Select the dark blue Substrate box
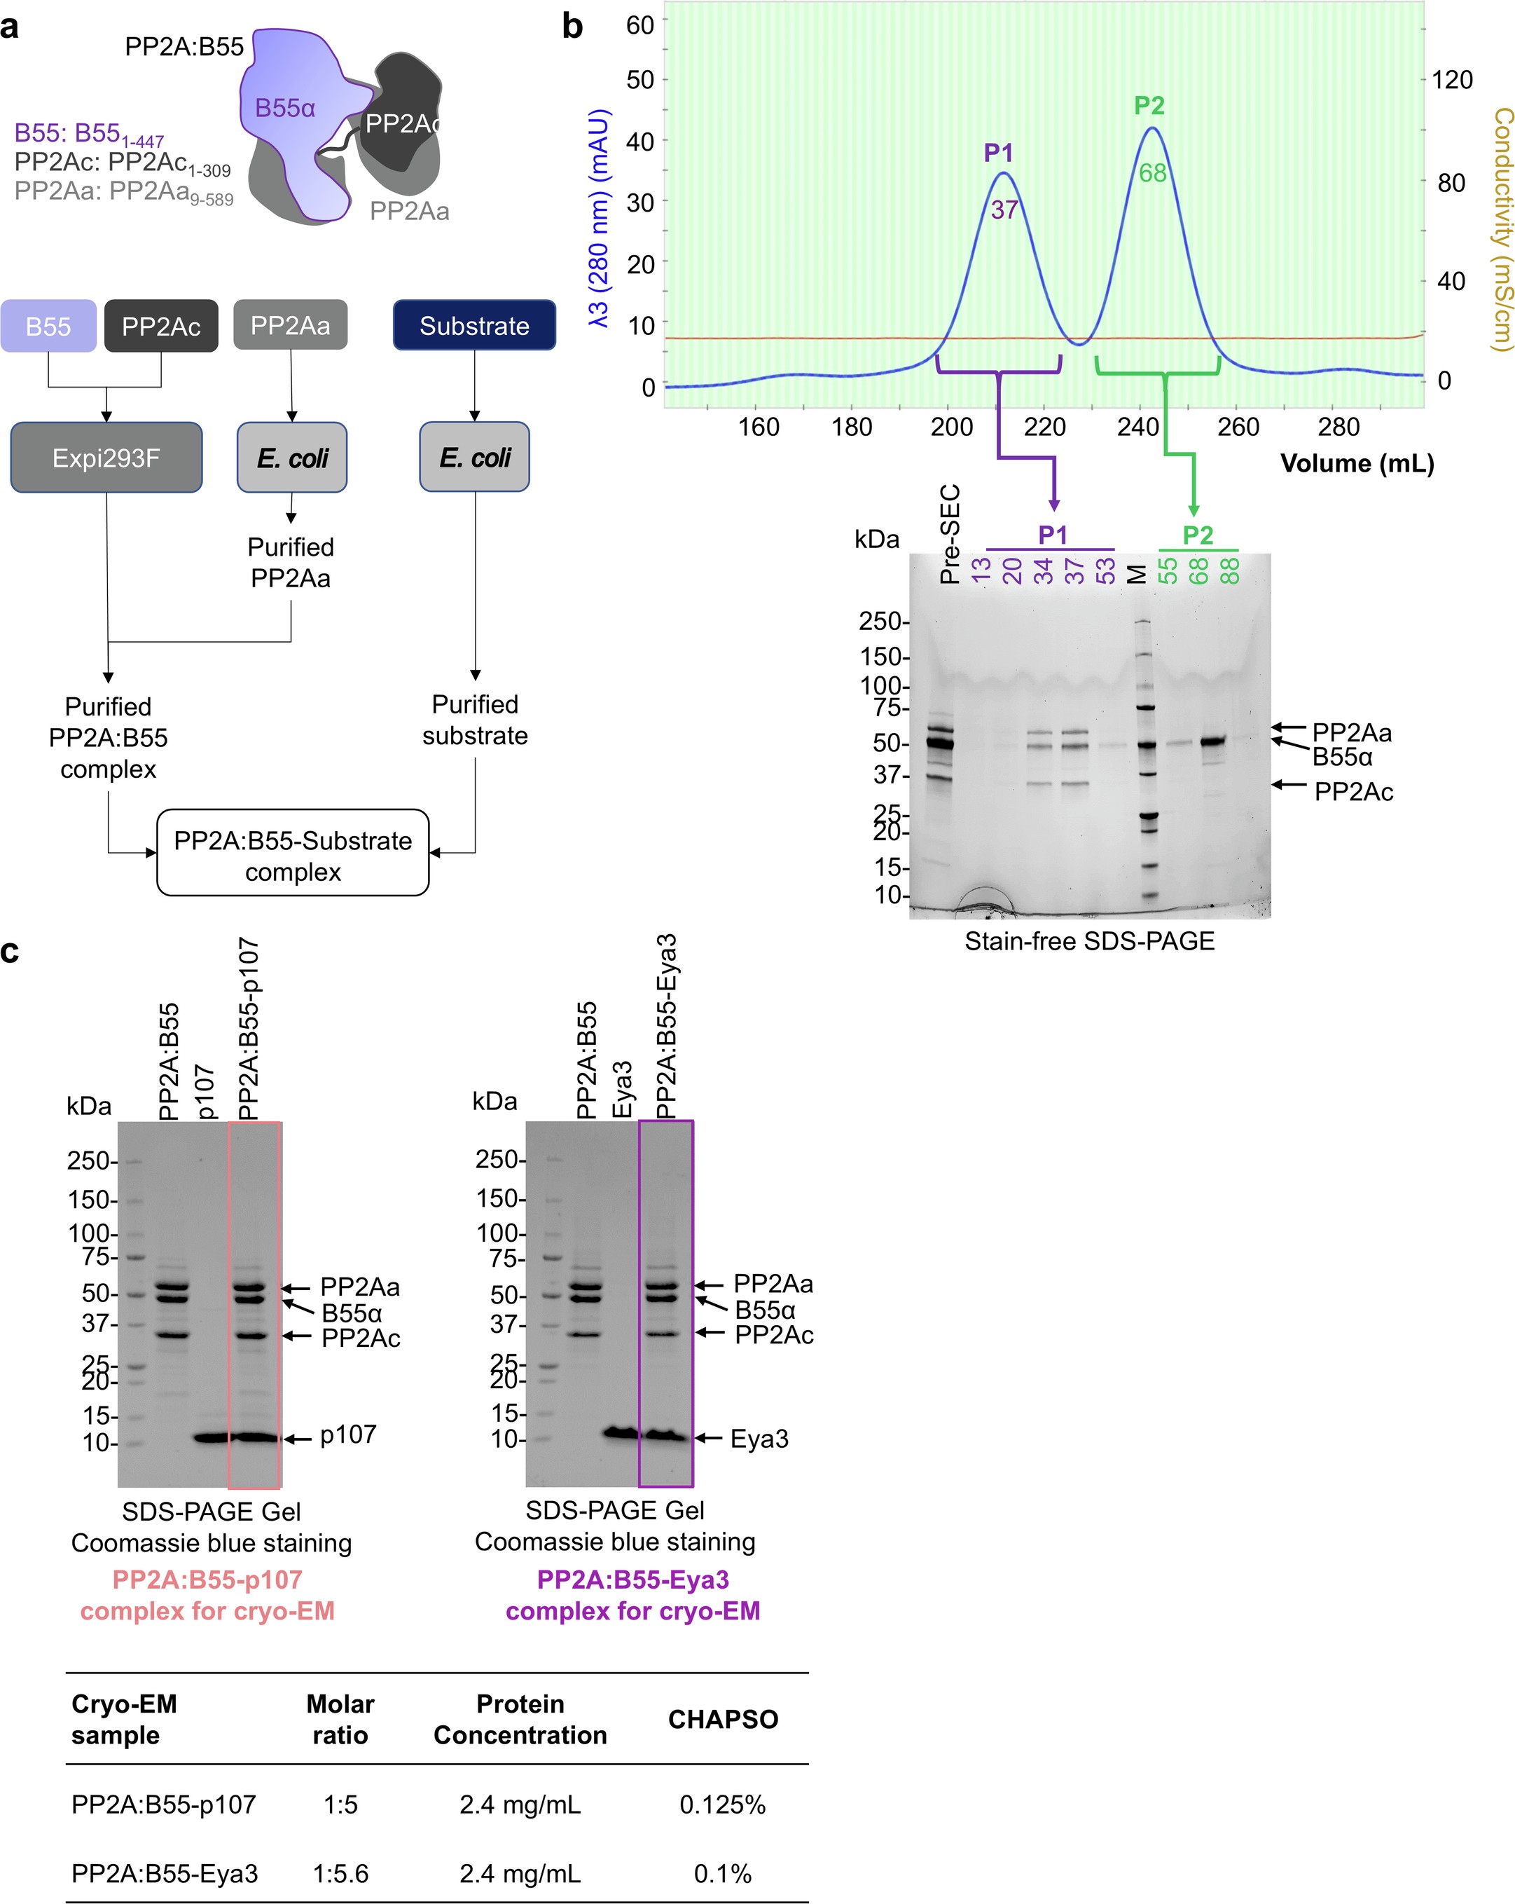tap(474, 326)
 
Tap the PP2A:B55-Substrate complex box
tap(293, 855)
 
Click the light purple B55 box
tap(48, 327)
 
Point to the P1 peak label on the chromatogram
tap(999, 153)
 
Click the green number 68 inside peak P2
tap(1152, 173)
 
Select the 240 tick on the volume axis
tap(1137, 427)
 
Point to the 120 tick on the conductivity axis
tap(1451, 81)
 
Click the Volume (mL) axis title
tap(1357, 464)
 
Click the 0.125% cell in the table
tap(722, 1804)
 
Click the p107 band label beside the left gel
tap(348, 1434)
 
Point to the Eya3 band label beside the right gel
tap(759, 1439)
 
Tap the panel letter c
tap(10, 952)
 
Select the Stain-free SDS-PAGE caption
tap(1088, 941)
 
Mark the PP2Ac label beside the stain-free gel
tap(1353, 791)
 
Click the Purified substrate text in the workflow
tap(474, 720)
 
